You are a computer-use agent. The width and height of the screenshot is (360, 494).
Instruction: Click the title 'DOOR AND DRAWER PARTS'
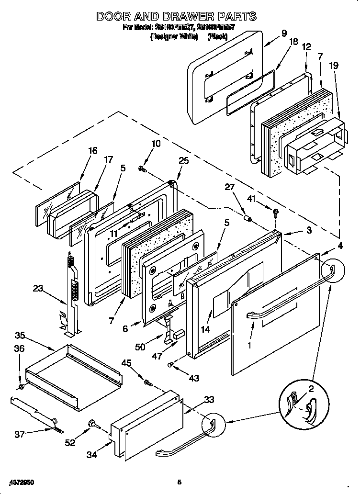(x=176, y=17)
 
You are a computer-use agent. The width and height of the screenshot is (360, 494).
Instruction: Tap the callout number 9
(x=284, y=33)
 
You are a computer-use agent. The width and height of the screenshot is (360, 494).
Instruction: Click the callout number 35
(x=20, y=335)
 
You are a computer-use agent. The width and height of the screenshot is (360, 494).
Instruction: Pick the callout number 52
(x=70, y=443)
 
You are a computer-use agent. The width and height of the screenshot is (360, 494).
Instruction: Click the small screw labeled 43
(x=171, y=365)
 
